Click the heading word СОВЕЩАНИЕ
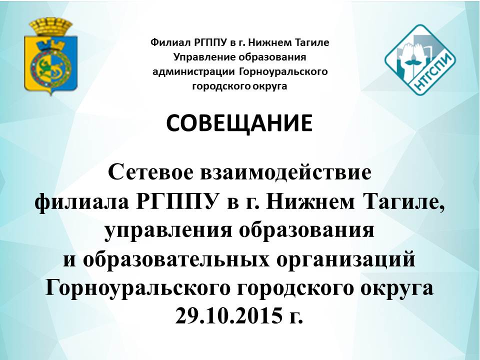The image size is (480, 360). pos(239,123)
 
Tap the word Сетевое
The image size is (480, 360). pos(151,172)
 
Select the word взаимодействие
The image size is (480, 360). pos(285,172)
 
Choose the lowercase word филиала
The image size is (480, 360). pos(81,202)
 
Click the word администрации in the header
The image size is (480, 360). pos(194,72)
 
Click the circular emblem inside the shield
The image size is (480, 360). pos(51,66)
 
